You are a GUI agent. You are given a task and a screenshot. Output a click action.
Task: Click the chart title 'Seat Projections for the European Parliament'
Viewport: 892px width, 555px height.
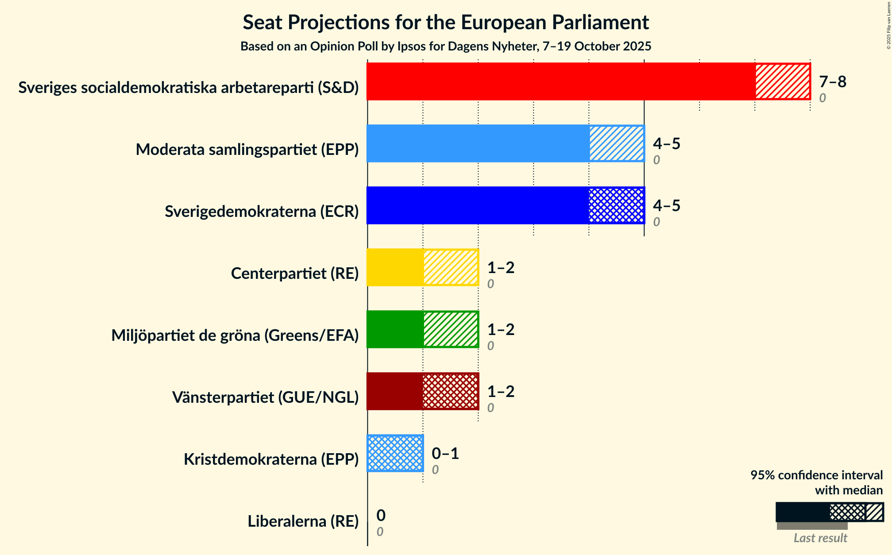(x=445, y=23)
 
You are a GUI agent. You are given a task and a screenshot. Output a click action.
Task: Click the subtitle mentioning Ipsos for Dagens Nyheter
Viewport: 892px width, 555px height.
(x=445, y=46)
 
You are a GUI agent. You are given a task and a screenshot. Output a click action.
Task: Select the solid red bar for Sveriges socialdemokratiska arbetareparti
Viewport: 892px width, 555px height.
(x=561, y=81)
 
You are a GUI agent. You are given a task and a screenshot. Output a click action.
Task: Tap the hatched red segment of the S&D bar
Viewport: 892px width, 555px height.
(x=782, y=81)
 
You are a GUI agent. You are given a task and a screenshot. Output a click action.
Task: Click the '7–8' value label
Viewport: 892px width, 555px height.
(x=832, y=82)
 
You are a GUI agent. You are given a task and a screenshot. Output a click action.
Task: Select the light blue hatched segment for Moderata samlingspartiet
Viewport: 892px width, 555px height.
(x=616, y=143)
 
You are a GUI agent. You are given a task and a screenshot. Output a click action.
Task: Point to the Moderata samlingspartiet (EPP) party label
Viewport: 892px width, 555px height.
(x=247, y=150)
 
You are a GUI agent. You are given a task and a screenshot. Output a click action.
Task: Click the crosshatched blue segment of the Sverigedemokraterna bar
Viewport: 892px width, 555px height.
(x=616, y=205)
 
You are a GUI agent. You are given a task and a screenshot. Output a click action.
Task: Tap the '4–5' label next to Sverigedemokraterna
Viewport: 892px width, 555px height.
(x=666, y=206)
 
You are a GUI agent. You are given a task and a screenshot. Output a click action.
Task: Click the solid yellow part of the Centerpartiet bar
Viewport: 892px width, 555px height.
(x=395, y=267)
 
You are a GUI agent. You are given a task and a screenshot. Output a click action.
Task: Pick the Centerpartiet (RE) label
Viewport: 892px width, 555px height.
(x=294, y=274)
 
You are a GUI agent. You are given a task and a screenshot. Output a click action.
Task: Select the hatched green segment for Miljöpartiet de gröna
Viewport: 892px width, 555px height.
(x=451, y=329)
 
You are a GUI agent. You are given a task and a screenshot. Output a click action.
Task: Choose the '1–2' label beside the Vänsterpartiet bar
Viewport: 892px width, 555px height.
(x=501, y=392)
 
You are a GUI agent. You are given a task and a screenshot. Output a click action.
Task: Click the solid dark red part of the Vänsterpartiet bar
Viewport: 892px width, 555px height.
(x=395, y=391)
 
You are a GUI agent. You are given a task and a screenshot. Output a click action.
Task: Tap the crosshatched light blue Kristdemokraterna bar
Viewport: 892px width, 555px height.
(x=395, y=453)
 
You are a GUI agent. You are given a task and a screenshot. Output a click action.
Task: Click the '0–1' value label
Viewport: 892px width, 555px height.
(x=445, y=454)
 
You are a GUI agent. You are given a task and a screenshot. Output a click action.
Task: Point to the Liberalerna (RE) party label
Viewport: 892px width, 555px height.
(x=303, y=521)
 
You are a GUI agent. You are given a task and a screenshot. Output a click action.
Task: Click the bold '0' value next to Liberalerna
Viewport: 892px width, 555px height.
(x=381, y=516)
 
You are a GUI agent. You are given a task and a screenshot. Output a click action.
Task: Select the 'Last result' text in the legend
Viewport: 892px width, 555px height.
(x=820, y=538)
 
